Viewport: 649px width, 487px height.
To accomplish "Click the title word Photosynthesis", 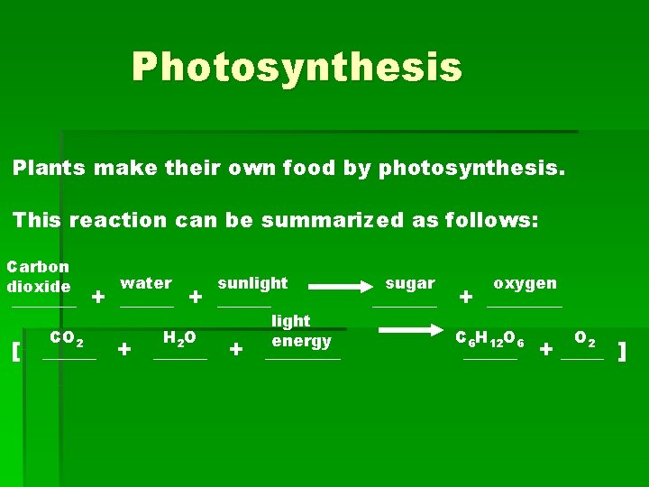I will coord(297,67).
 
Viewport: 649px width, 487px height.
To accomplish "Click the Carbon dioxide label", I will coord(38,277).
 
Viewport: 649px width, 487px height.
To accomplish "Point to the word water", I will coord(146,283).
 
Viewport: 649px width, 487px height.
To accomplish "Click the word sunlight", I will coord(252,283).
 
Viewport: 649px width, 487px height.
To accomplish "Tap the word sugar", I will coord(410,283).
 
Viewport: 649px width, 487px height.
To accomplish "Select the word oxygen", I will coord(525,283).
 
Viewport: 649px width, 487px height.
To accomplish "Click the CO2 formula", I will coord(68,339).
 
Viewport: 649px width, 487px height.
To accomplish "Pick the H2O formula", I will coord(179,339).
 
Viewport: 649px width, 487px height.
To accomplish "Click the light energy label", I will coord(302,331).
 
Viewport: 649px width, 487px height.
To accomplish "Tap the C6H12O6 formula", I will coord(490,339).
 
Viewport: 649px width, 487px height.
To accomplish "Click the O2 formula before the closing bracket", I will coord(584,340).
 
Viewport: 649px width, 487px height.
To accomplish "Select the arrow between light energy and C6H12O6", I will coord(410,332).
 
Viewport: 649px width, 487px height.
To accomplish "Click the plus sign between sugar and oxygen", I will coord(465,296).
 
